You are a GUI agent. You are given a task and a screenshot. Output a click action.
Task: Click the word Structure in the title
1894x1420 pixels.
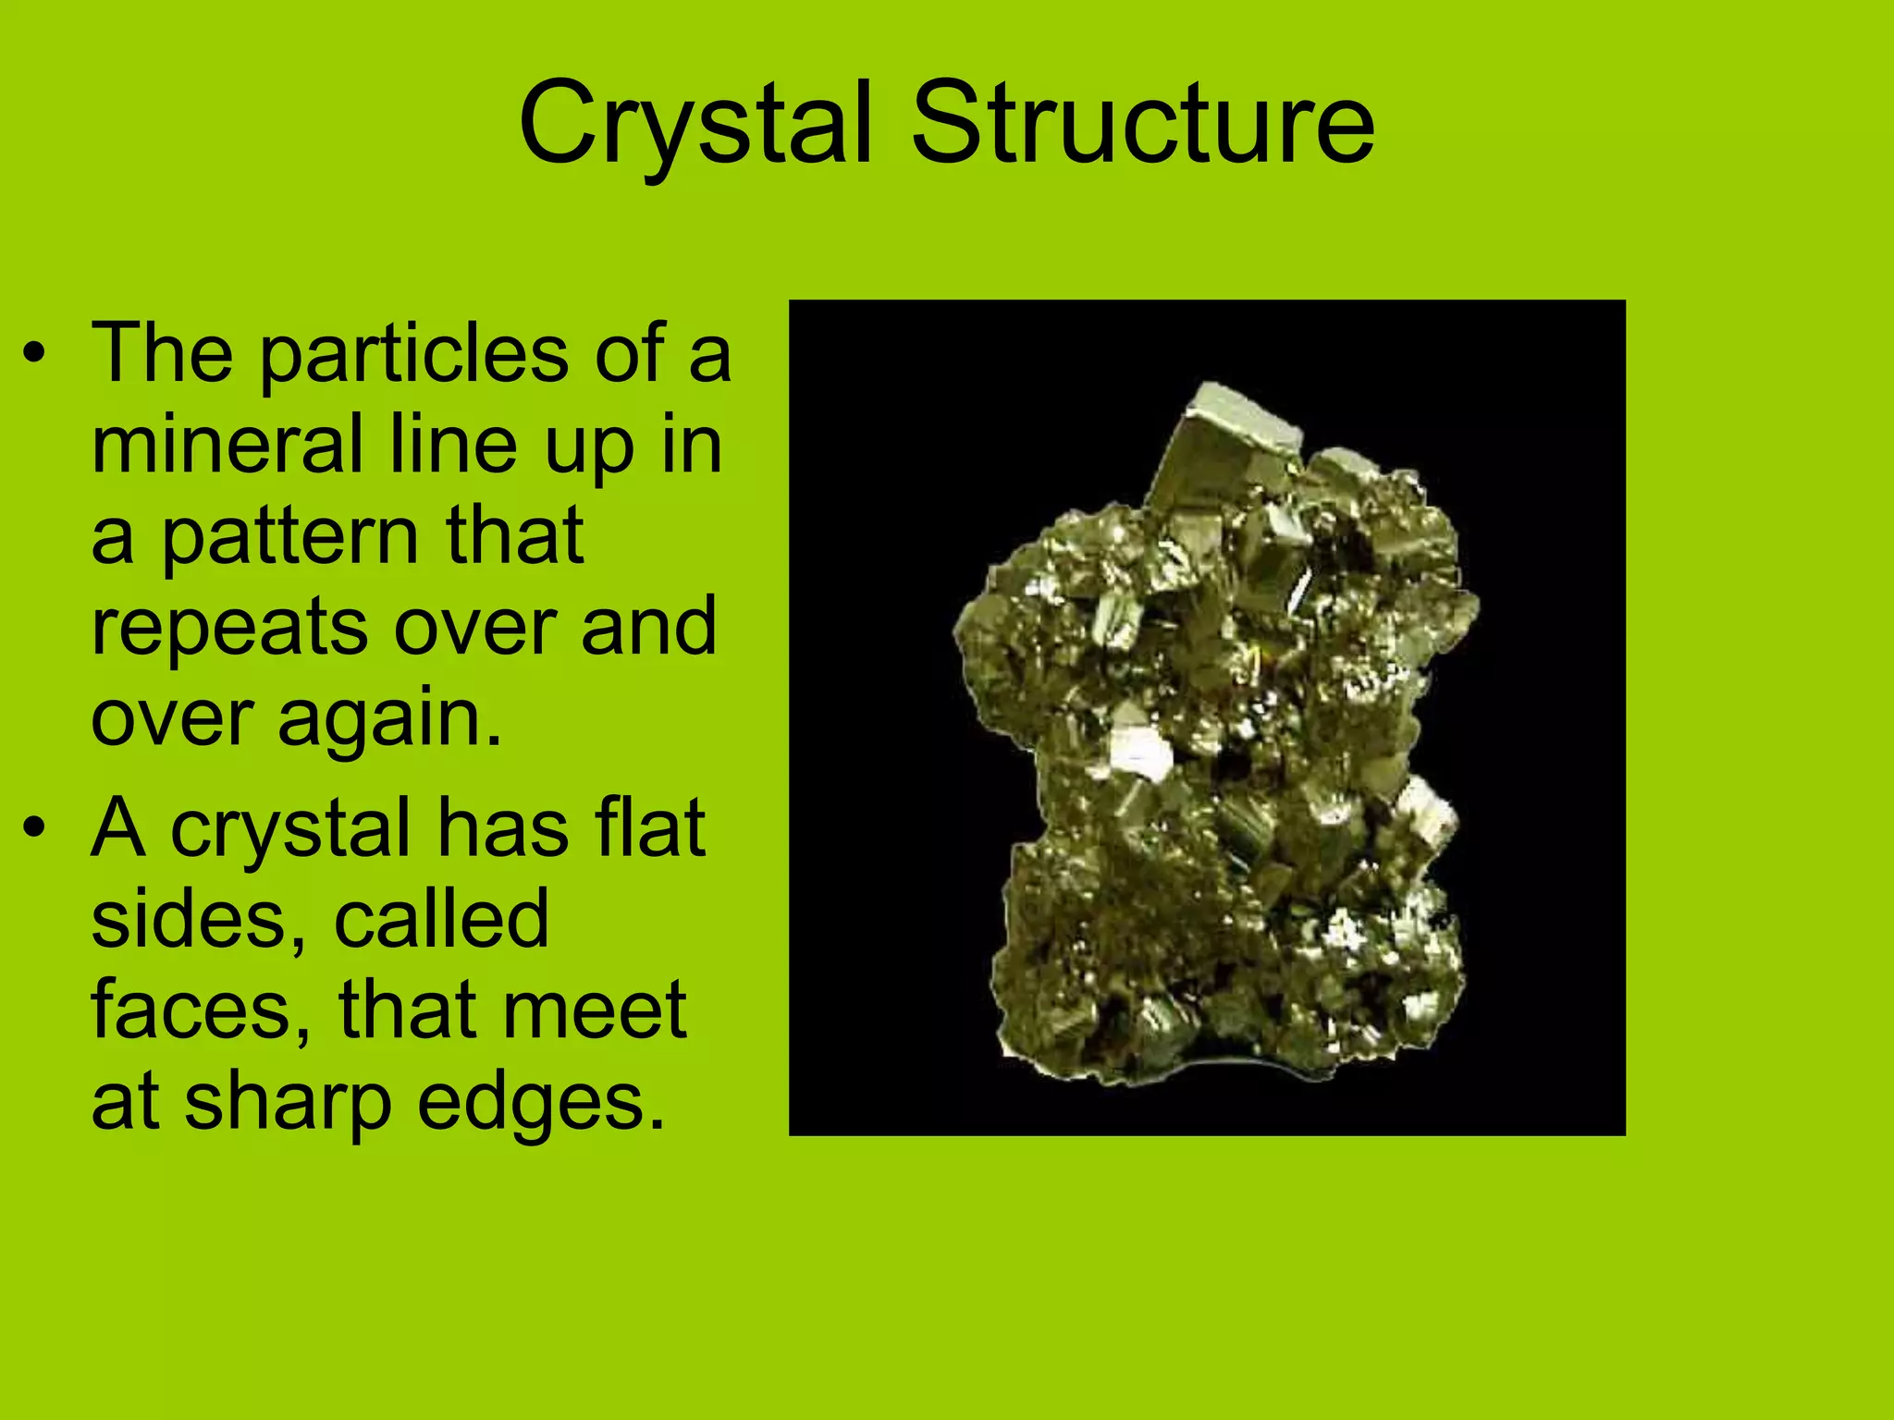click(1143, 125)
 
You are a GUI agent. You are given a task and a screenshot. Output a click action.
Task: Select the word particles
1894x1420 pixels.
click(413, 356)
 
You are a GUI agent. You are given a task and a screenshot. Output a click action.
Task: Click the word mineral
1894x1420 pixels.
click(228, 446)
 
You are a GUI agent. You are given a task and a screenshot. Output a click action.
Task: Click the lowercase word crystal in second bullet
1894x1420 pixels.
click(290, 829)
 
